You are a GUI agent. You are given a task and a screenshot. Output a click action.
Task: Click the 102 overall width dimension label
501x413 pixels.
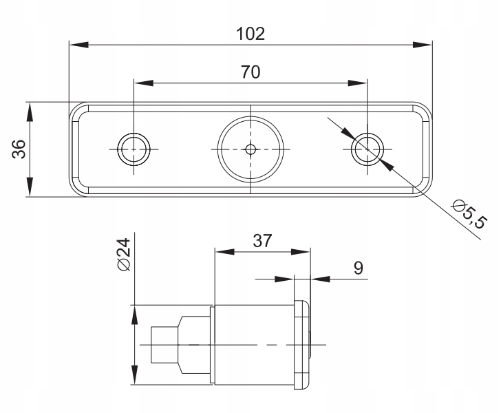250,34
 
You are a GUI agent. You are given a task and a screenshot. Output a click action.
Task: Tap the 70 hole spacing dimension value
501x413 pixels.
250,72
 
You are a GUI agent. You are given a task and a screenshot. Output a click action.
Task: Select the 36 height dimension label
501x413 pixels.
19,149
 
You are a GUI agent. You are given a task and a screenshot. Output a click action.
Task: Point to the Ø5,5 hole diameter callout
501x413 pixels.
469,213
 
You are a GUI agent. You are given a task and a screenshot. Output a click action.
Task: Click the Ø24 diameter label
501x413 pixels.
125,255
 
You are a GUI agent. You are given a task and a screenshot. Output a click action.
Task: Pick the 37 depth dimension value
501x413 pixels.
262,241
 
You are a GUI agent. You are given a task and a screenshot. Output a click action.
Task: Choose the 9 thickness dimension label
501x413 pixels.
359,268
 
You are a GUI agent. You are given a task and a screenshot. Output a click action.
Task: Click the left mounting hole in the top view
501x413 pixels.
134,149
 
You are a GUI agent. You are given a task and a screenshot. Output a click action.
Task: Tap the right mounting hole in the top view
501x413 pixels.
367,149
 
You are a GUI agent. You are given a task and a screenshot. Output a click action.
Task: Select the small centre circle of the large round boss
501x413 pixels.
250,149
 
